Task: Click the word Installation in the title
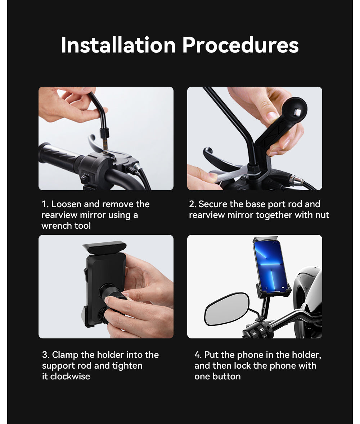pyautogui.click(x=118, y=45)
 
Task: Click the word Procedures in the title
pyautogui.click(x=240, y=45)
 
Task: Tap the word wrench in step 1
pyautogui.click(x=56, y=225)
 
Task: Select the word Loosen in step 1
pyautogui.click(x=66, y=204)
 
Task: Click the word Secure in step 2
pyautogui.click(x=213, y=204)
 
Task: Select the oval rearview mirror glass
pyautogui.click(x=226, y=309)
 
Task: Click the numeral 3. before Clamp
pyautogui.click(x=45, y=355)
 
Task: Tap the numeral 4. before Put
pyautogui.click(x=198, y=355)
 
